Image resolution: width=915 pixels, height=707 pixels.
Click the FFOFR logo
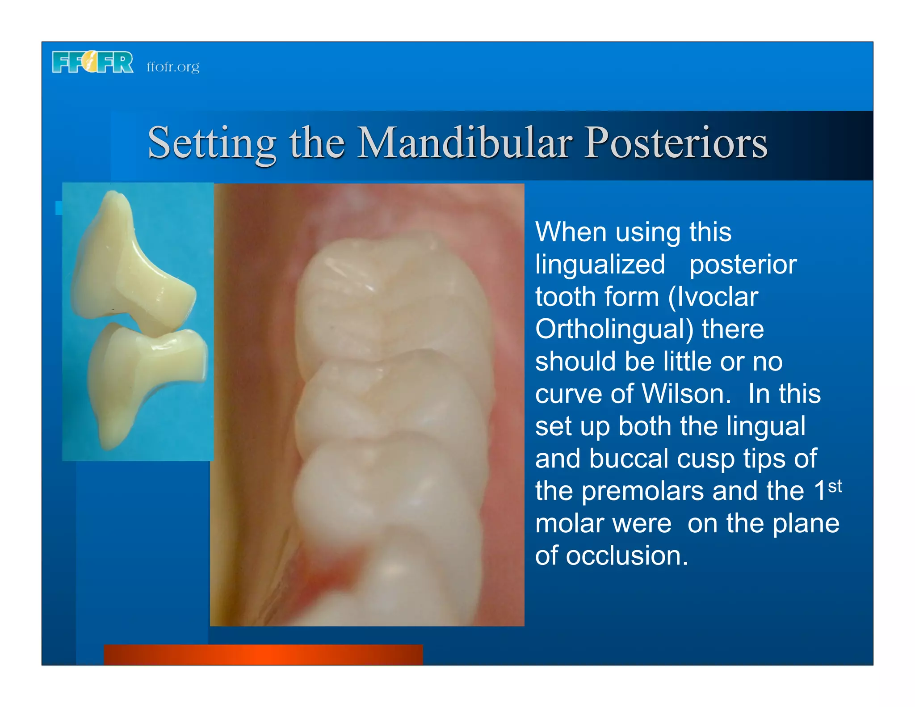point(92,62)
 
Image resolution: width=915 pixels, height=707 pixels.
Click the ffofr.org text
point(173,67)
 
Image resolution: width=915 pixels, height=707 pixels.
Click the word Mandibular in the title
point(465,143)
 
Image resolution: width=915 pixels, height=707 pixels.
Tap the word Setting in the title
point(212,143)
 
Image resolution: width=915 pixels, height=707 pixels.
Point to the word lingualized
point(600,264)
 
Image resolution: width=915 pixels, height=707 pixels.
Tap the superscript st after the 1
point(835,486)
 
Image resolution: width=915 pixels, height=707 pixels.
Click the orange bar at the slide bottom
point(263,654)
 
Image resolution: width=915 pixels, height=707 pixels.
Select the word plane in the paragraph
point(806,523)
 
